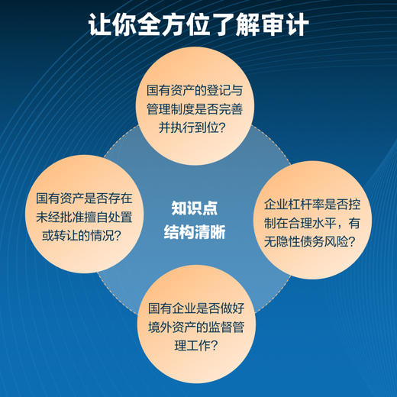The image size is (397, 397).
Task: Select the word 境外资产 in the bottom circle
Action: [x=176, y=328]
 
